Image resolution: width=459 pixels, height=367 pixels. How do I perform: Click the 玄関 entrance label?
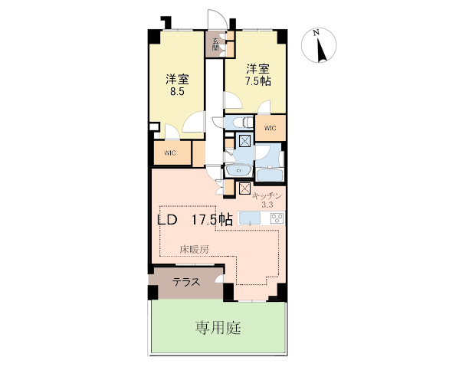click(215, 44)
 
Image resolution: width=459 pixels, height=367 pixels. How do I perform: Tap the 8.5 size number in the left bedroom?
click(177, 92)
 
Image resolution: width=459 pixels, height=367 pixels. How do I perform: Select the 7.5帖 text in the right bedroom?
click(258, 81)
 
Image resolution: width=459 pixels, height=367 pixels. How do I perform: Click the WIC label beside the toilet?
click(270, 128)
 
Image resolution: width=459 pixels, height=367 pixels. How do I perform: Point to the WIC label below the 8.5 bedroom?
click(170, 152)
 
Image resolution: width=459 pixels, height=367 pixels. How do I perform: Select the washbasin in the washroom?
click(238, 170)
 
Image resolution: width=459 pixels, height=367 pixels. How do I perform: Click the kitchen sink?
click(250, 218)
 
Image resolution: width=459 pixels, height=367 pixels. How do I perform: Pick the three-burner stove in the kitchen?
click(277, 218)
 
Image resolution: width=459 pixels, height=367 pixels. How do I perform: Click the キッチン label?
click(267, 195)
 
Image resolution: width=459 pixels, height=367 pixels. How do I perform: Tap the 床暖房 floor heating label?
click(194, 249)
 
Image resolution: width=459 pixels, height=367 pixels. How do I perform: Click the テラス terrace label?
click(186, 283)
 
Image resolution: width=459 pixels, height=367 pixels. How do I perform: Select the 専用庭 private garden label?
click(218, 328)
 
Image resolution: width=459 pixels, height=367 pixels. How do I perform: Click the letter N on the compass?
click(316, 33)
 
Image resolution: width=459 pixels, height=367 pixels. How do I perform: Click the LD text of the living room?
click(167, 219)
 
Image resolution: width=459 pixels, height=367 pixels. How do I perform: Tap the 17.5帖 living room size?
click(212, 219)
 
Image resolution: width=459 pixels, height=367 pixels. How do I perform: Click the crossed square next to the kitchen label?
click(244, 188)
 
